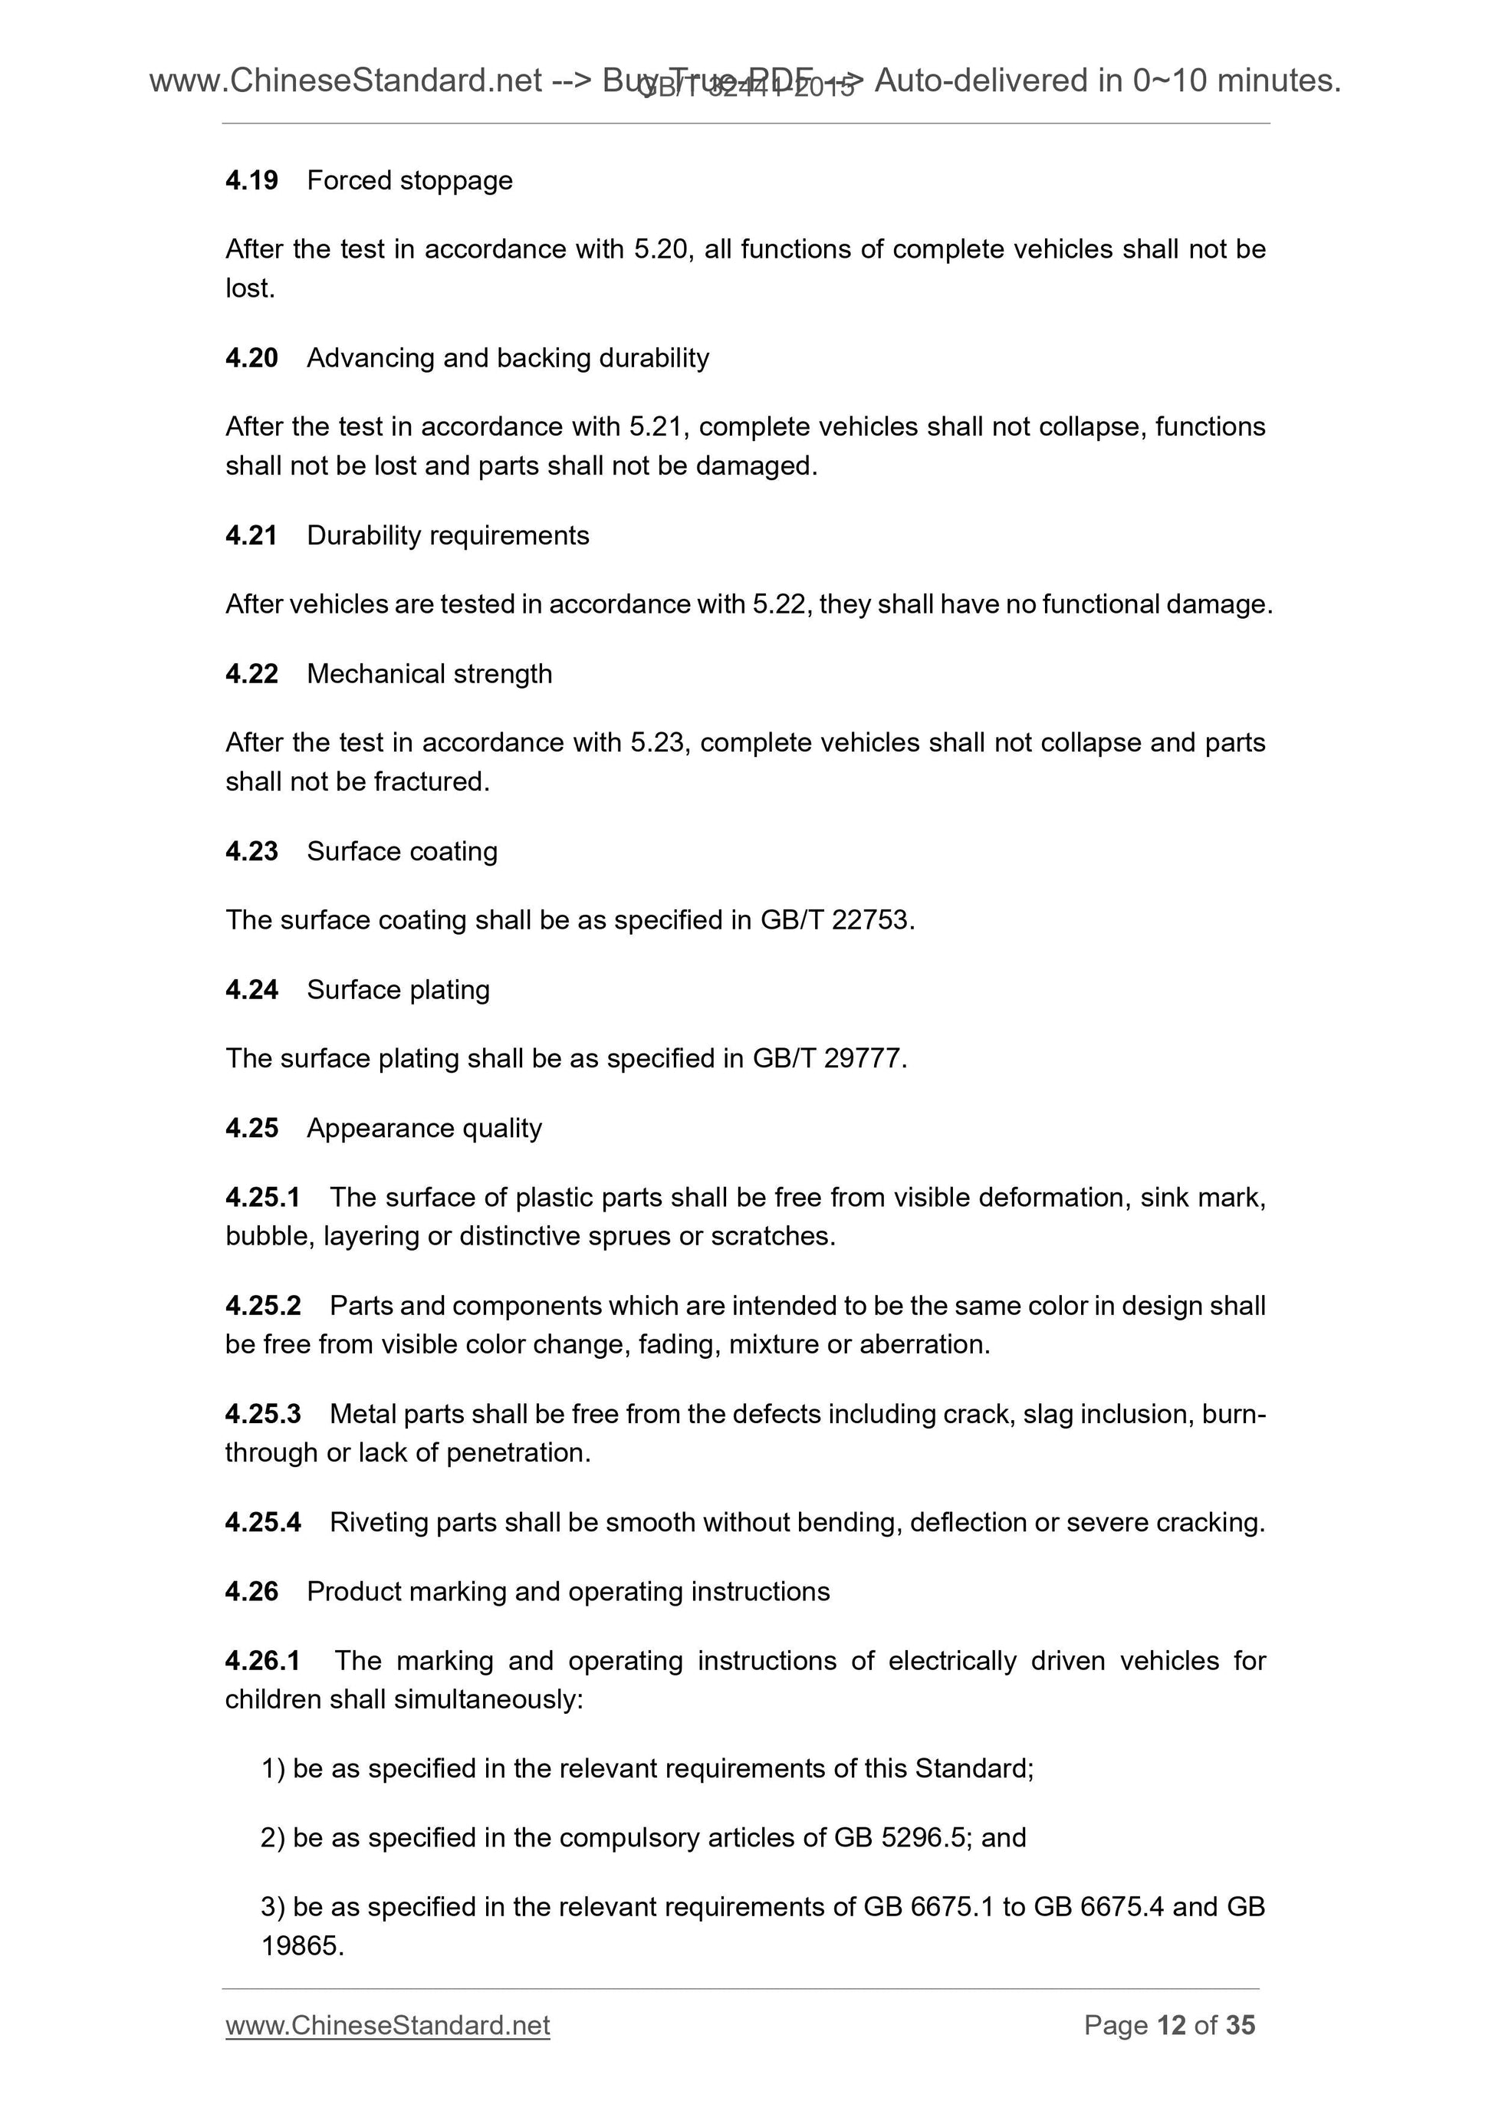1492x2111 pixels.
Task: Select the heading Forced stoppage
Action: pos(409,180)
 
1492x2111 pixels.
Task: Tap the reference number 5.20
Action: pos(661,249)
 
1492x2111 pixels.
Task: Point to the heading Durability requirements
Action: pos(448,535)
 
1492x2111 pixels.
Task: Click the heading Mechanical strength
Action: pos(429,674)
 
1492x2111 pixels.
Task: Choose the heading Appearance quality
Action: pos(424,1128)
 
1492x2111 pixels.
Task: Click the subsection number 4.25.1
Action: pos(262,1197)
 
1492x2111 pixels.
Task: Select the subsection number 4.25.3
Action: pos(262,1414)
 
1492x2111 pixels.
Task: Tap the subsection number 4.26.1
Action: pos(262,1660)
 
